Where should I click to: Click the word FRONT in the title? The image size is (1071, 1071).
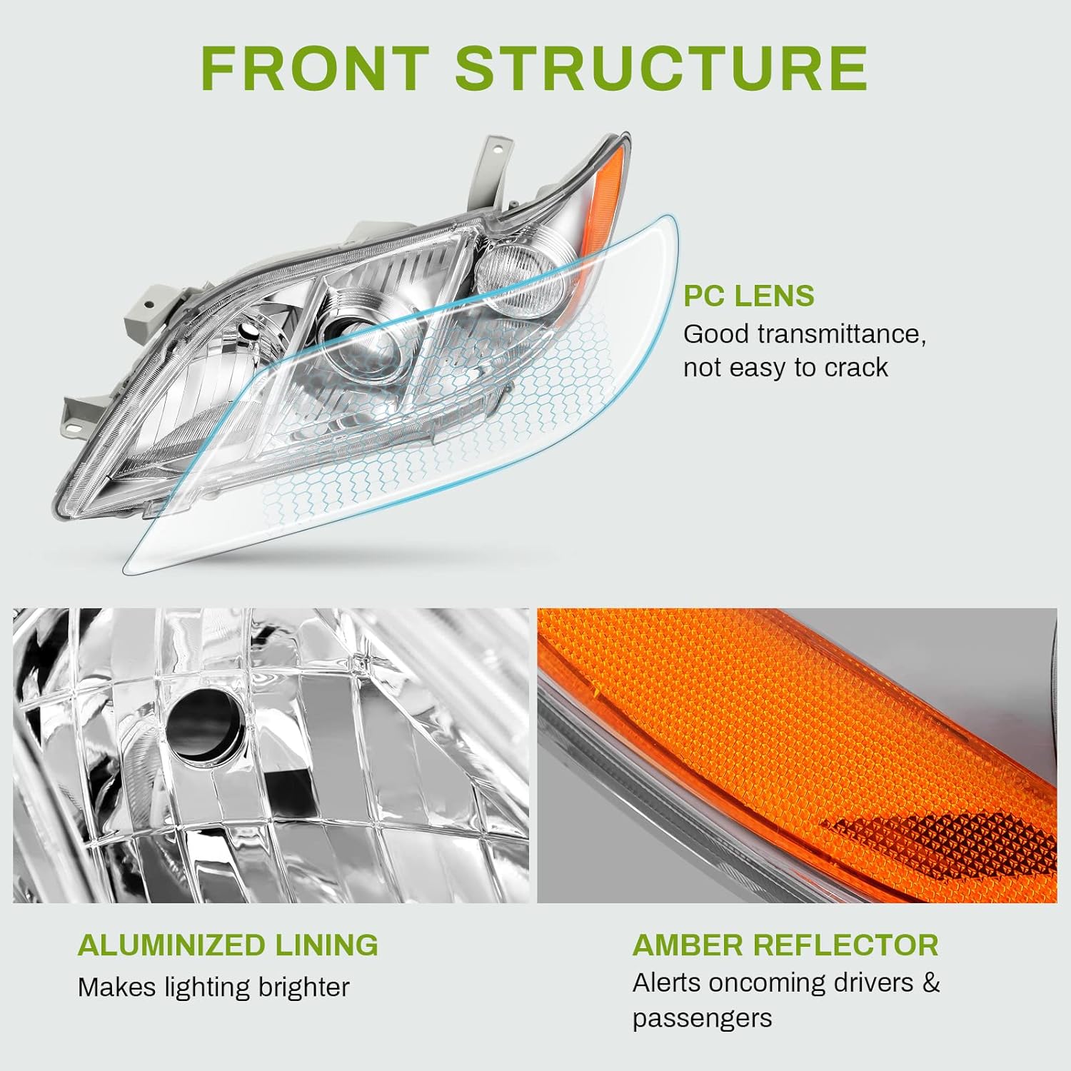pos(315,68)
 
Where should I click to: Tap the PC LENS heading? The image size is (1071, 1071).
pos(748,296)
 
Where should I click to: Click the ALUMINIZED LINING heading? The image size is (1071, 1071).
pos(228,945)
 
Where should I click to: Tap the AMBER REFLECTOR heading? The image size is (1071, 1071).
pos(785,945)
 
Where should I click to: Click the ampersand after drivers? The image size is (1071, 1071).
pos(930,983)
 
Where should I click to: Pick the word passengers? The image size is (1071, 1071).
pos(702,1018)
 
